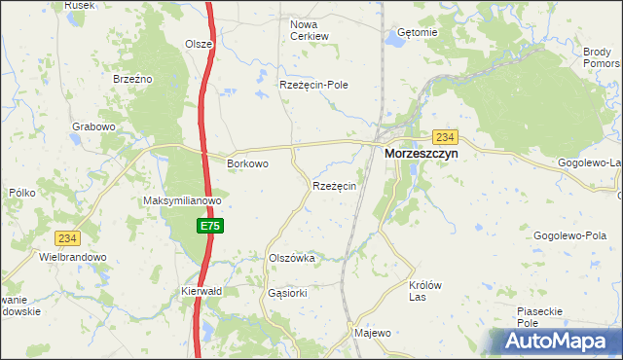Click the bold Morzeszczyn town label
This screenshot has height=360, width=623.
(421, 154)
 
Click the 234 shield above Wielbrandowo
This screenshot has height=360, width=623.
(67, 237)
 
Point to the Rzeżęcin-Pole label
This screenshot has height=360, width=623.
(313, 85)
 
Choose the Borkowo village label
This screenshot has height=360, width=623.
(247, 163)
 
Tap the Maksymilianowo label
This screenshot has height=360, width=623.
(183, 201)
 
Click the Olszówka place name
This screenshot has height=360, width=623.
(291, 258)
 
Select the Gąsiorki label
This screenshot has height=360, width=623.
(287, 292)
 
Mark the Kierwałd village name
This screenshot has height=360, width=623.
(202, 291)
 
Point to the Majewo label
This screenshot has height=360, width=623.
(372, 333)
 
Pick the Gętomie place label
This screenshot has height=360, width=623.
(419, 32)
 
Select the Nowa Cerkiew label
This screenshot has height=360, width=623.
(310, 29)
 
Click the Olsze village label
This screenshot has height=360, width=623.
(199, 44)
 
